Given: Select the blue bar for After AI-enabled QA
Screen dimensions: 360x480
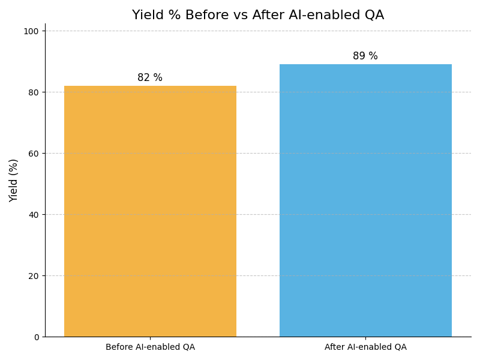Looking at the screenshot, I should tap(365, 200).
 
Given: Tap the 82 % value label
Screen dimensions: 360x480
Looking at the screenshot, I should tap(150, 78).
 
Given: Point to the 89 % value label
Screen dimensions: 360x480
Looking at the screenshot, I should tap(365, 56).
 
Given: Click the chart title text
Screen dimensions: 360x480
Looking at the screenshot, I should tap(258, 16).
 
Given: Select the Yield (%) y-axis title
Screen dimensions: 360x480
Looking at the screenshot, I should tap(14, 180).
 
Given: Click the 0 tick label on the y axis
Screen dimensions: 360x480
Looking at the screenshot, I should tap(36, 337).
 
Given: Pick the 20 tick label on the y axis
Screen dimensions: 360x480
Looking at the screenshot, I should tap(34, 276).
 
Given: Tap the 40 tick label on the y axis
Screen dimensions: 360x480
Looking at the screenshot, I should tap(34, 215).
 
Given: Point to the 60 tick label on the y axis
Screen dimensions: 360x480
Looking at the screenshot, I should tap(34, 154).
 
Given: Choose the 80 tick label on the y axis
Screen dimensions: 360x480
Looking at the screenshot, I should tap(34, 92).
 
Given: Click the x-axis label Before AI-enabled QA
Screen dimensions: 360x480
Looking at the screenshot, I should tap(150, 347).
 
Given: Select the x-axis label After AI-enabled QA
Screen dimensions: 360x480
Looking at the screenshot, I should tap(365, 347).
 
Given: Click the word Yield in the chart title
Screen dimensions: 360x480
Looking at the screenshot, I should tap(146, 16).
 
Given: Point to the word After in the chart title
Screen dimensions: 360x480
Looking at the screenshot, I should tap(269, 16).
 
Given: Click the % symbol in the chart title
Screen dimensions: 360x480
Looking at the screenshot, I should tap(174, 16).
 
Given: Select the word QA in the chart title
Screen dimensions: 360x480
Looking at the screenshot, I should tap(373, 16).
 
